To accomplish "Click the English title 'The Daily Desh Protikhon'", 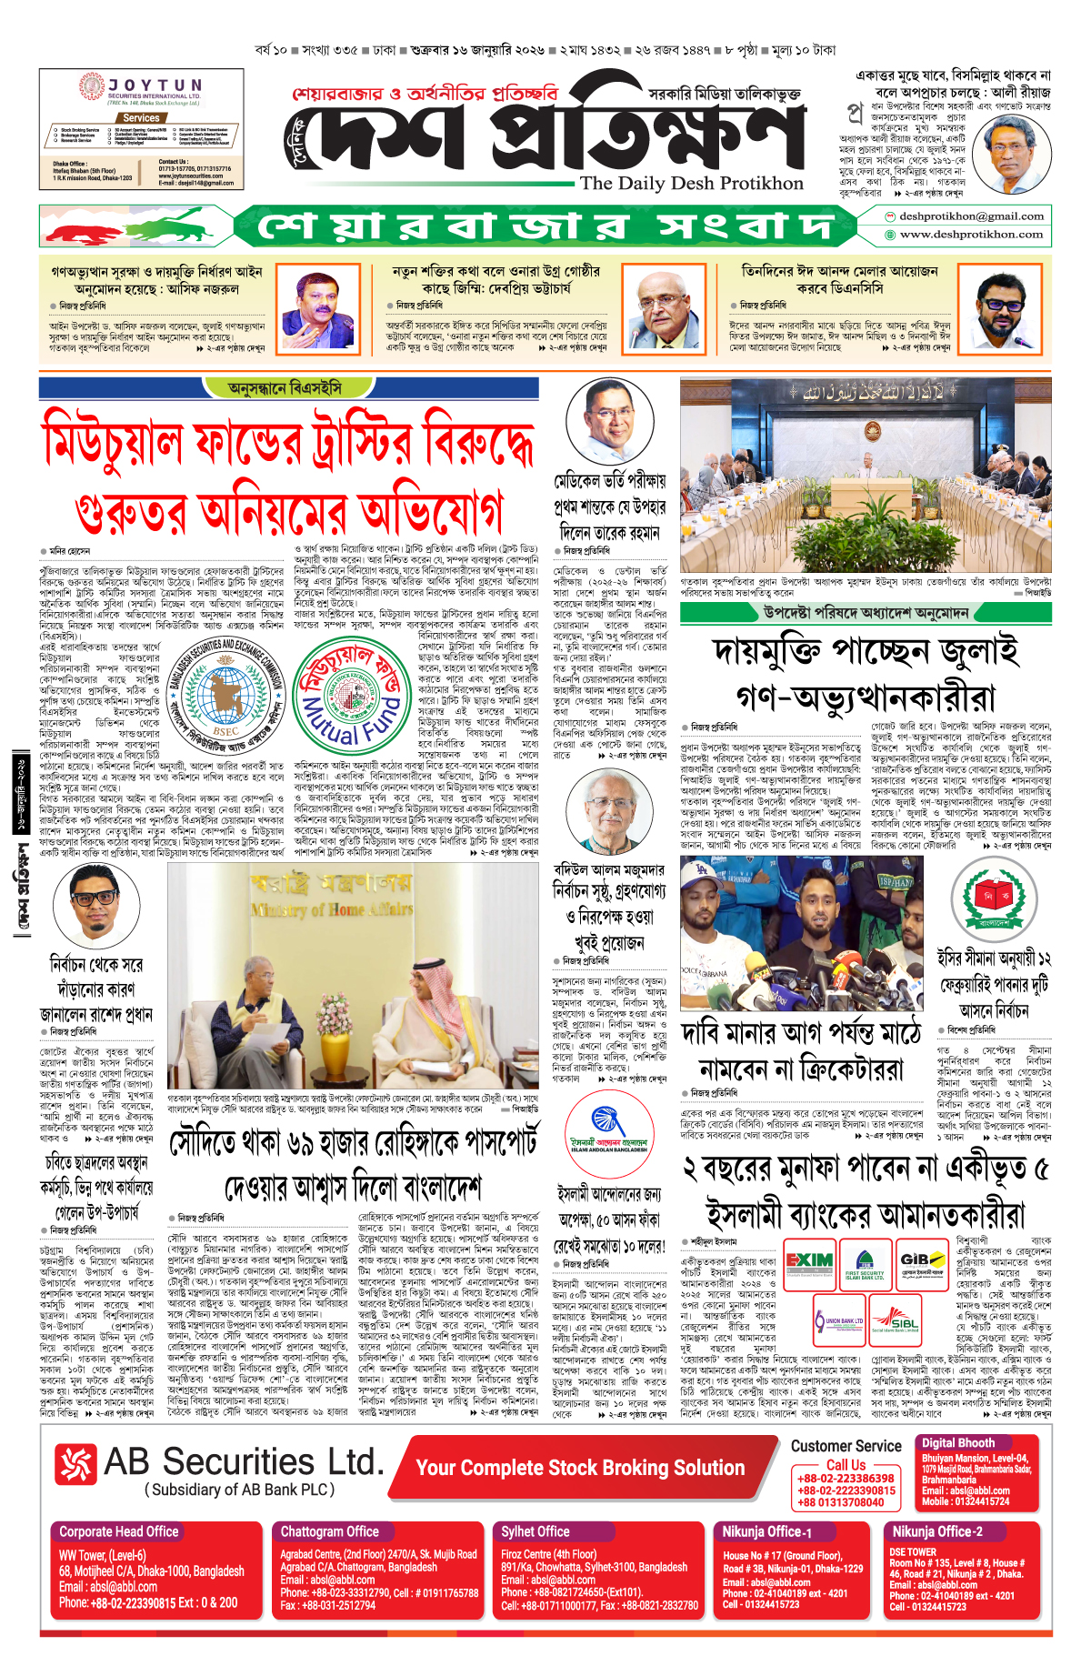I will coord(691,184).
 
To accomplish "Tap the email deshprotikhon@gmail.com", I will coord(970,216).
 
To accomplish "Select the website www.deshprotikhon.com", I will coord(970,235).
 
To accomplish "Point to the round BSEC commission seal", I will coord(226,697).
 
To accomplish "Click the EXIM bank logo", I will coord(809,1263).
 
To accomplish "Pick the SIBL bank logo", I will coord(896,1320).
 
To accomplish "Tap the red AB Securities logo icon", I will coord(75,1464).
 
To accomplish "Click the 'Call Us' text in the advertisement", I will coord(846,1465).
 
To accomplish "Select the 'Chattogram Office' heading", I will coord(329,1531).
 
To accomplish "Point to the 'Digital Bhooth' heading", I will coord(958,1443).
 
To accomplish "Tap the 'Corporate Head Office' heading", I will coord(119,1531).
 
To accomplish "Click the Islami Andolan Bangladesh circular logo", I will coord(609,1131).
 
